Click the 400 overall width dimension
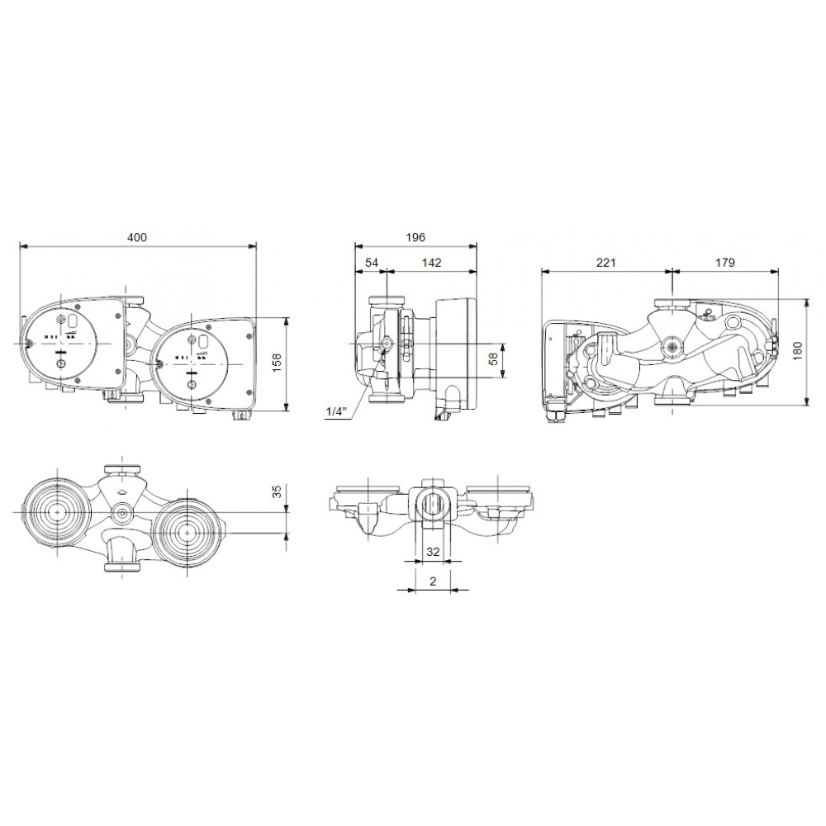point(136,238)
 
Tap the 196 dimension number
point(415,238)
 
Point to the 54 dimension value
point(372,263)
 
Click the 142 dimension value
point(431,263)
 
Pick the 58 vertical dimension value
point(494,359)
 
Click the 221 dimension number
point(606,263)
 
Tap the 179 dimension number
point(725,263)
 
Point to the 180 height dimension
point(797,351)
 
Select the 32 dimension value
point(431,551)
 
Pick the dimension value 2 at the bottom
point(432,581)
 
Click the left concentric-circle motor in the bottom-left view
point(56,512)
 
